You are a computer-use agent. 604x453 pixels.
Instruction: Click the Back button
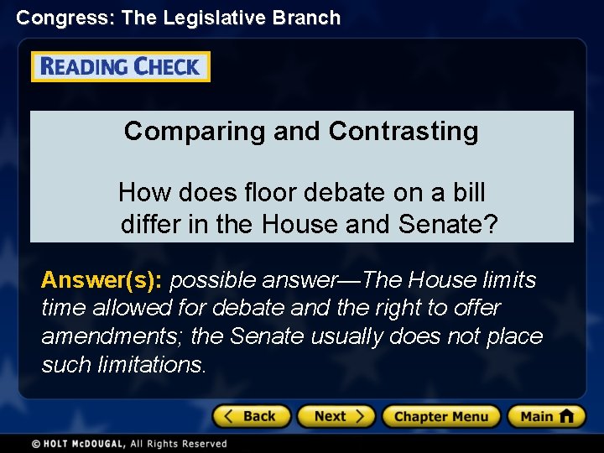(x=251, y=416)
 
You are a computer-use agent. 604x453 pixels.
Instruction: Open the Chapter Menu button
(x=440, y=416)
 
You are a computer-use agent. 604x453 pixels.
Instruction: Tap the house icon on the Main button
(x=567, y=416)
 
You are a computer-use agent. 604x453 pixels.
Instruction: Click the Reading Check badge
(x=121, y=67)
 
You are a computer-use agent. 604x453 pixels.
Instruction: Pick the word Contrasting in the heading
(x=404, y=131)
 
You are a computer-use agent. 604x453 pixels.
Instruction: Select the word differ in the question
(x=148, y=224)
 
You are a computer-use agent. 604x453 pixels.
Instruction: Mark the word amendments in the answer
(x=112, y=336)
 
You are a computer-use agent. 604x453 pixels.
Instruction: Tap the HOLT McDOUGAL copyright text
(x=129, y=443)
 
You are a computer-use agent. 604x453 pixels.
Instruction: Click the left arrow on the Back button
(x=229, y=416)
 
